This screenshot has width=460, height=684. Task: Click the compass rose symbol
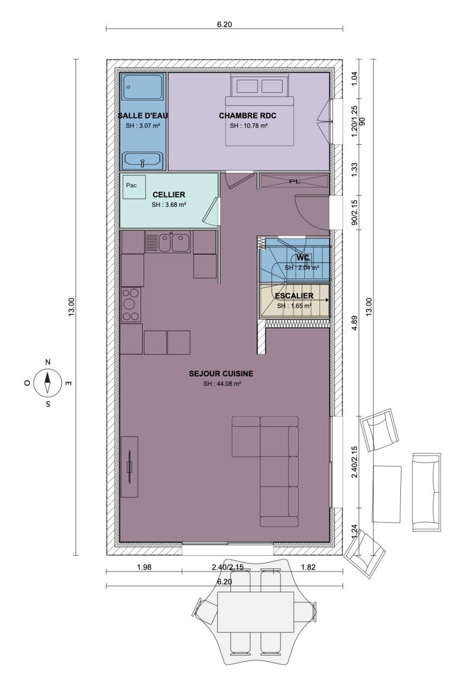pyautogui.click(x=47, y=382)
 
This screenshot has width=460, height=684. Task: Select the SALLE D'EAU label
pyautogui.click(x=143, y=116)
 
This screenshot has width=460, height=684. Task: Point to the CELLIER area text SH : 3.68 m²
pyautogui.click(x=169, y=205)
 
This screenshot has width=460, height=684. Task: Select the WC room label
pyautogui.click(x=302, y=257)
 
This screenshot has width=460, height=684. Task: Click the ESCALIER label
pyautogui.click(x=294, y=296)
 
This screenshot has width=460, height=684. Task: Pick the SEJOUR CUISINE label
pyautogui.click(x=221, y=373)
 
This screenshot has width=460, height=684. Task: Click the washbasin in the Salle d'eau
pyautogui.click(x=142, y=160)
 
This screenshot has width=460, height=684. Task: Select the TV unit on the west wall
pyautogui.click(x=130, y=467)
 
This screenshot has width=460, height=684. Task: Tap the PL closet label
pyautogui.click(x=295, y=181)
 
